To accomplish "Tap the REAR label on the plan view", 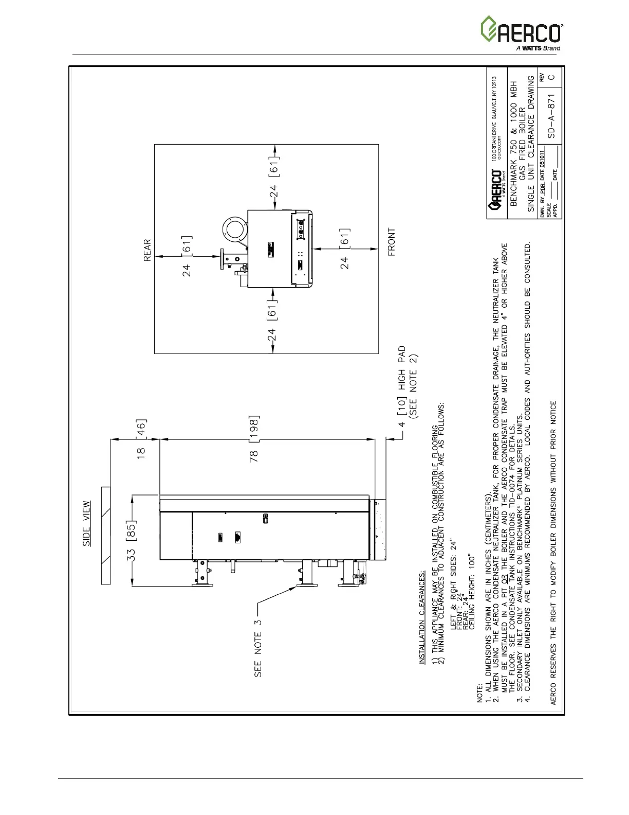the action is [147, 250].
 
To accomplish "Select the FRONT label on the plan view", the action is [392, 242].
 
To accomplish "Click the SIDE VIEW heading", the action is [86, 523].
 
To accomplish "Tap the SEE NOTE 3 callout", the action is [257, 647].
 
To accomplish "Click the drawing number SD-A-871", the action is [551, 116].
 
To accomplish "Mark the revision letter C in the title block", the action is [551, 77].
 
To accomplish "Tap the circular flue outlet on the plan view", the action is [235, 229].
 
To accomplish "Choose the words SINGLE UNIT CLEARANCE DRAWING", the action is [531, 144].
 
